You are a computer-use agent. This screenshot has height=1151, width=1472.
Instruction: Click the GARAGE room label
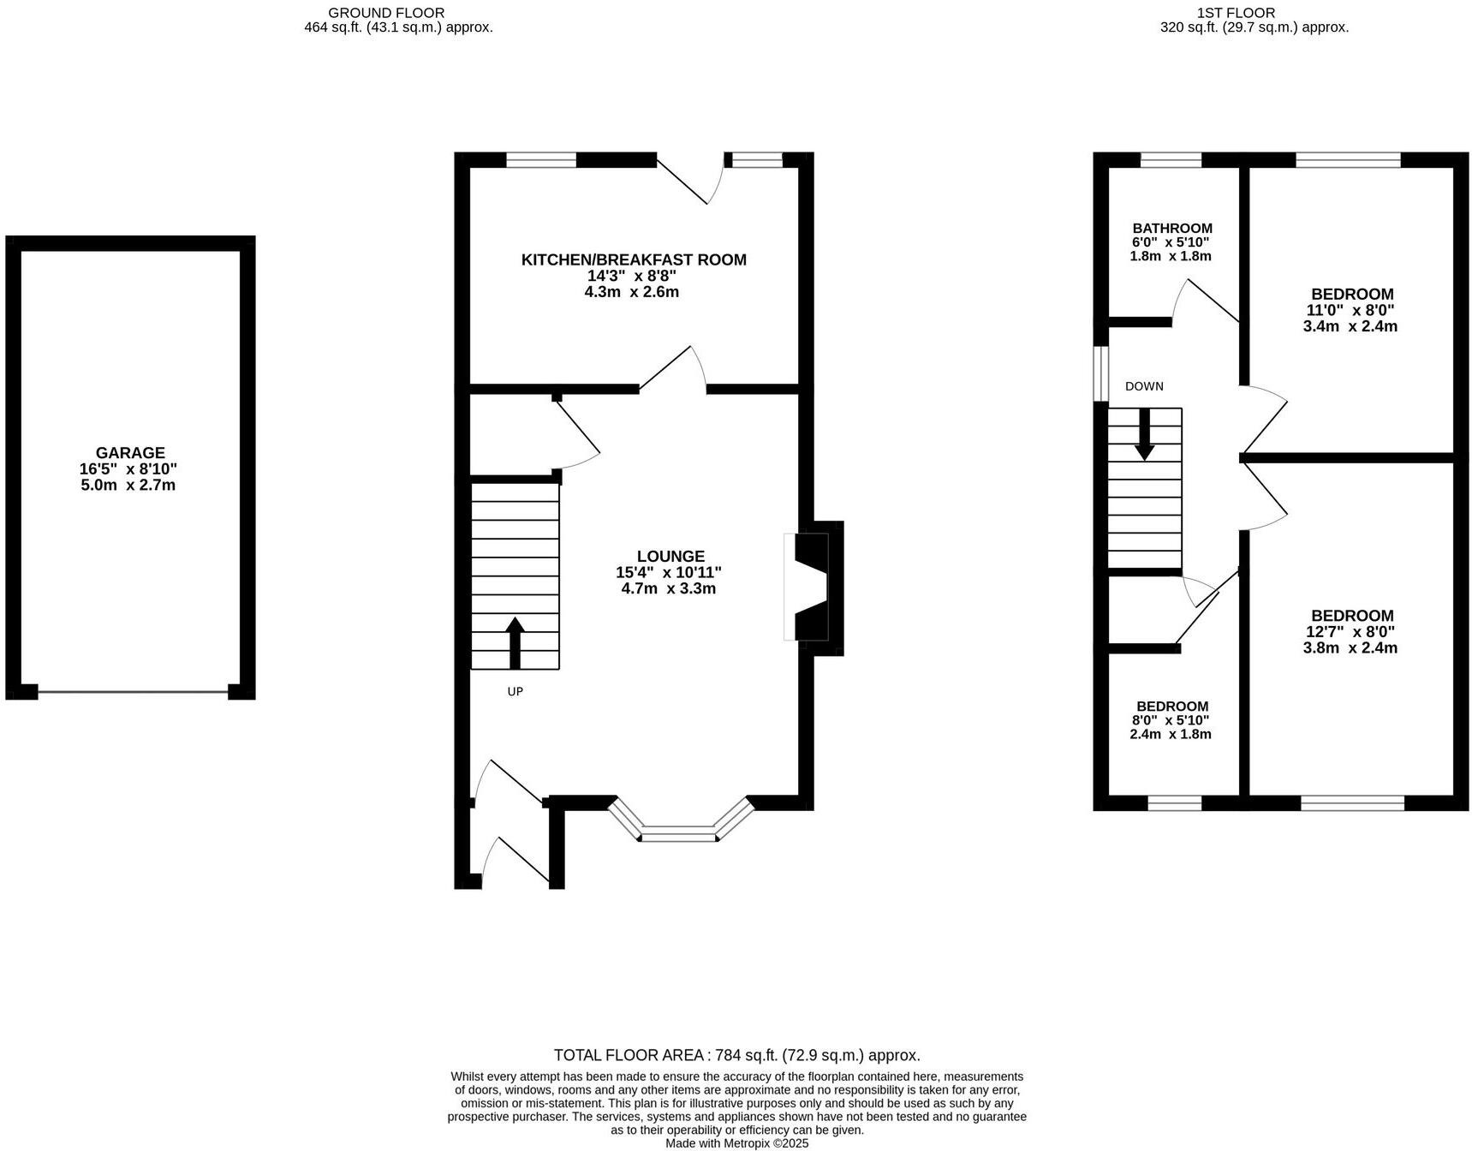pyautogui.click(x=130, y=453)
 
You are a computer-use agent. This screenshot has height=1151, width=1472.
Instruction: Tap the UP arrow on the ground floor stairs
pyautogui.click(x=515, y=643)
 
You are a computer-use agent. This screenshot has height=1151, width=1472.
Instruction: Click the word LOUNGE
pyautogui.click(x=670, y=556)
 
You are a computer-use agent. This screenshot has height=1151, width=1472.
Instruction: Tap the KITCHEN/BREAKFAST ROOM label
pyautogui.click(x=634, y=259)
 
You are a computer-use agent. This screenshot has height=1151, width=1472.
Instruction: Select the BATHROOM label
pyautogui.click(x=1171, y=229)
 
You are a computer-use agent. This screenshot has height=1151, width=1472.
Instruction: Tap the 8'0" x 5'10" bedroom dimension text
pyautogui.click(x=1171, y=721)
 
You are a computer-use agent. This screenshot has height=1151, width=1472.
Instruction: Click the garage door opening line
pyautogui.click(x=133, y=692)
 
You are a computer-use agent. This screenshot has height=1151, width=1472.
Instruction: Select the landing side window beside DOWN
pyautogui.click(x=1103, y=373)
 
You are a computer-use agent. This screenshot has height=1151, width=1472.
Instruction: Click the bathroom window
pyautogui.click(x=1171, y=159)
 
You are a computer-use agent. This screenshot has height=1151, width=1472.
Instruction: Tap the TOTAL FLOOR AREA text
pyautogui.click(x=736, y=1055)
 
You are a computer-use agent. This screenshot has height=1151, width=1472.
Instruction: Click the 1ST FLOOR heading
pyautogui.click(x=1254, y=13)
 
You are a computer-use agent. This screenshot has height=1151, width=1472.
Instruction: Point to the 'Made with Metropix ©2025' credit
pyautogui.click(x=736, y=1143)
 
